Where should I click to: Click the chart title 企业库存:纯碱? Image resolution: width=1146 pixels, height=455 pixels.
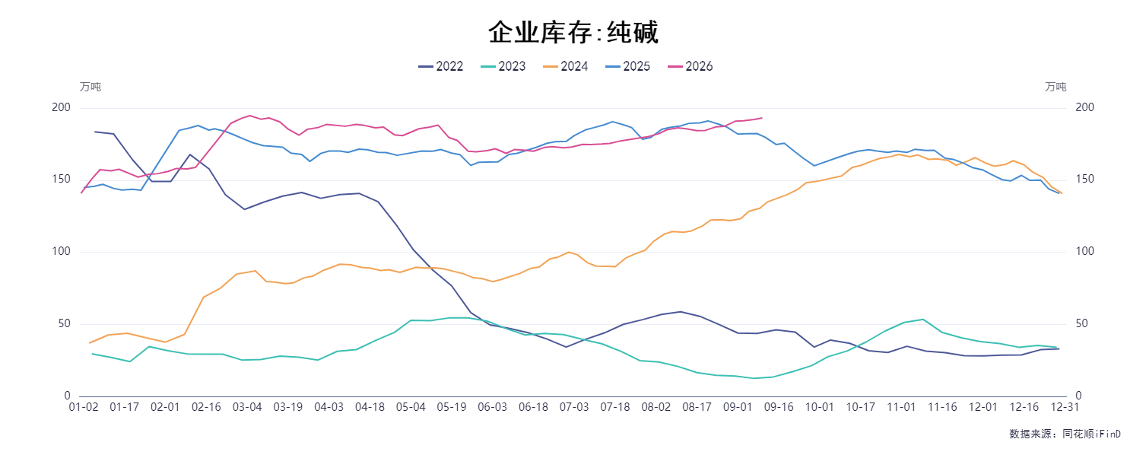573,32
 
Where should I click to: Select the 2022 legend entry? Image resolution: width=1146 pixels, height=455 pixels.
440,66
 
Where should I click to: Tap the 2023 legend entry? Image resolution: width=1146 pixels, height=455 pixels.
503,66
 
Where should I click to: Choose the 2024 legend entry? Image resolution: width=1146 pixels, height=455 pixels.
566,66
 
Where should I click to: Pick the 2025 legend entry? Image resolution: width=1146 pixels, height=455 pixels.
627,66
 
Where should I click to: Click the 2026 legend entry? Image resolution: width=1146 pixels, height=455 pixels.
690,66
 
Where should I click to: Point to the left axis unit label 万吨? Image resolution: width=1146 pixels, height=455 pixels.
90,87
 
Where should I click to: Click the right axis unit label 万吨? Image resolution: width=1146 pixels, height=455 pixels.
1056,87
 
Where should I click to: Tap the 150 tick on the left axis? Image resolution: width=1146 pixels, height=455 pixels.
61,179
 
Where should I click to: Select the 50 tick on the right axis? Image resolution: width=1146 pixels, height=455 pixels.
1081,323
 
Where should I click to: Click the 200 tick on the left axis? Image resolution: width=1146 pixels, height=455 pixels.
61,107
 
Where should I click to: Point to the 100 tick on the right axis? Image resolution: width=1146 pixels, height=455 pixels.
1084,251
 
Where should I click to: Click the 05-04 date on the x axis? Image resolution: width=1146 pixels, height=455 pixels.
411,407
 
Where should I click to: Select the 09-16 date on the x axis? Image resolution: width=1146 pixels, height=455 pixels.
779,407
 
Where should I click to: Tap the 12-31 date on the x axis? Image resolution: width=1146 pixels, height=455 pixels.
1065,407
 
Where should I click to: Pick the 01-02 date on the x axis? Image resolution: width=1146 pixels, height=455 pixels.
84,407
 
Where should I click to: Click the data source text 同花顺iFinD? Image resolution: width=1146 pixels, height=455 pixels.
1092,434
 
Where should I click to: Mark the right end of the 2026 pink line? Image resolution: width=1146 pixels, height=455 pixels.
762,118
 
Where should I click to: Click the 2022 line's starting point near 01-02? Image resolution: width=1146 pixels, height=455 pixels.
94,132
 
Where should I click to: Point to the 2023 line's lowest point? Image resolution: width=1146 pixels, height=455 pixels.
754,378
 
